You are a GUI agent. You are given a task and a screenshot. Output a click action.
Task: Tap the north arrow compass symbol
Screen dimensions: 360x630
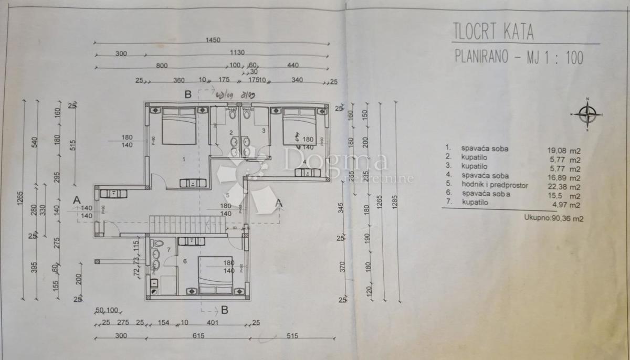click(587, 114)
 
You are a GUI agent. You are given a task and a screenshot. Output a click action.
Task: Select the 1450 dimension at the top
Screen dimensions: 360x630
click(213, 40)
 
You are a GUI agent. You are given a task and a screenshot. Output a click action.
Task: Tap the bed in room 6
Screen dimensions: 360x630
click(217, 275)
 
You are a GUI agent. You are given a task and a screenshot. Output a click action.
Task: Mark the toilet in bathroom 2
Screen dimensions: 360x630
click(232, 114)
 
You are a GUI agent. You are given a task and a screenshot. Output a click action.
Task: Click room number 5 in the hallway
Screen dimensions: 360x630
click(213, 195)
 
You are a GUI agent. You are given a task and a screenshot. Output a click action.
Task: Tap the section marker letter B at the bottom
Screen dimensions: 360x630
click(224, 310)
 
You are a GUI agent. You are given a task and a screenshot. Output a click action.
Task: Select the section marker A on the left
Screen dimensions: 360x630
click(77, 200)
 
